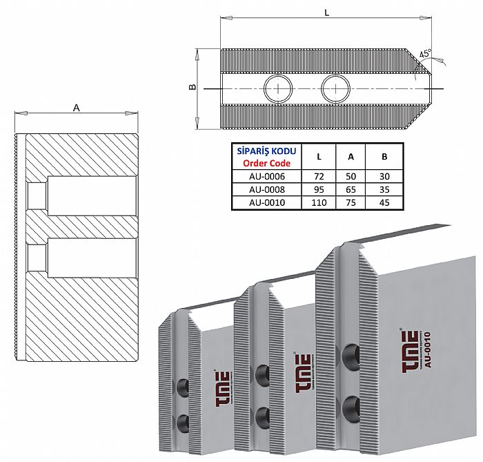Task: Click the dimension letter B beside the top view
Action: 193,87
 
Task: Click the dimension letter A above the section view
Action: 75,107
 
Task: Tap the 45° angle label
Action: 425,54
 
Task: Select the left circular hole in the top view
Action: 277,88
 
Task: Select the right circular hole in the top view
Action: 335,88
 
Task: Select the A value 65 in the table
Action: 351,189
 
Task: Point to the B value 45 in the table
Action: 384,202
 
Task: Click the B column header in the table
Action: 384,157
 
